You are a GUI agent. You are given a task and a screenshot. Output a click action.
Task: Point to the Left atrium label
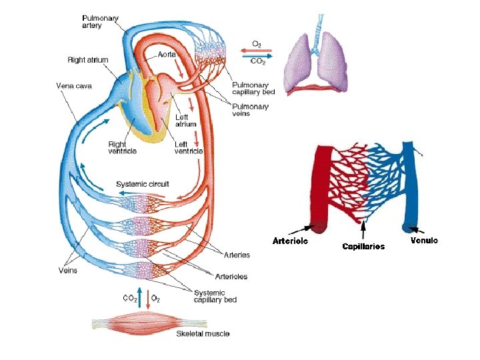pos(185,121)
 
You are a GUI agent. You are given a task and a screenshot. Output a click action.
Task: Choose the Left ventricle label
pos(189,148)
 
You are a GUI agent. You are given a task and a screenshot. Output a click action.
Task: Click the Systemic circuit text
pos(143,184)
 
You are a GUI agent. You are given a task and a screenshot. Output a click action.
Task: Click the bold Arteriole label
pos(291,241)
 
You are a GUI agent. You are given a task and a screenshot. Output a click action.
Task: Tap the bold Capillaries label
pos(363,247)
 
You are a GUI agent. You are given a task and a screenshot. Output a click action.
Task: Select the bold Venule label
pos(424,241)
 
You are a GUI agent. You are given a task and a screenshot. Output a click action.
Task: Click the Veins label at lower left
pos(67,271)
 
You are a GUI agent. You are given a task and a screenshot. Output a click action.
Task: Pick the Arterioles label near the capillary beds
pos(231,277)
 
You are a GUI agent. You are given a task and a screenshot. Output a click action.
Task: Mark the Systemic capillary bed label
pos(215,296)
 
